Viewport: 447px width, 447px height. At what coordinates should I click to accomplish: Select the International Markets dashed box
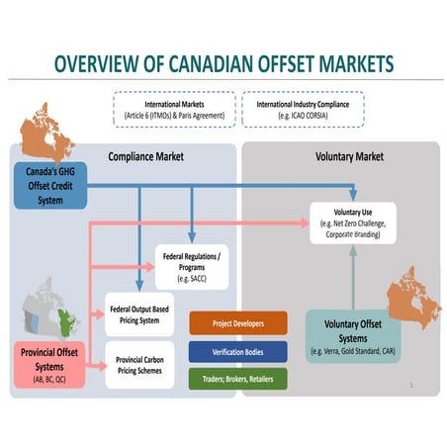click(174, 108)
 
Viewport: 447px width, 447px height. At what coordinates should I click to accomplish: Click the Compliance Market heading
click(145, 156)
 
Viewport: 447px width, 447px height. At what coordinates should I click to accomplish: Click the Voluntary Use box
click(352, 223)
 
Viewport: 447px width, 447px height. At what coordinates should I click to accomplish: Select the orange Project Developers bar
click(237, 322)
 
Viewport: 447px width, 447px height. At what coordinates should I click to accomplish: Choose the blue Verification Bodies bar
click(237, 350)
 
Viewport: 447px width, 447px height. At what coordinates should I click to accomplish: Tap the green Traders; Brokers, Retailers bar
click(237, 378)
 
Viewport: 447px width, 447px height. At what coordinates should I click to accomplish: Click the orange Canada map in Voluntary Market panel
click(413, 298)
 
